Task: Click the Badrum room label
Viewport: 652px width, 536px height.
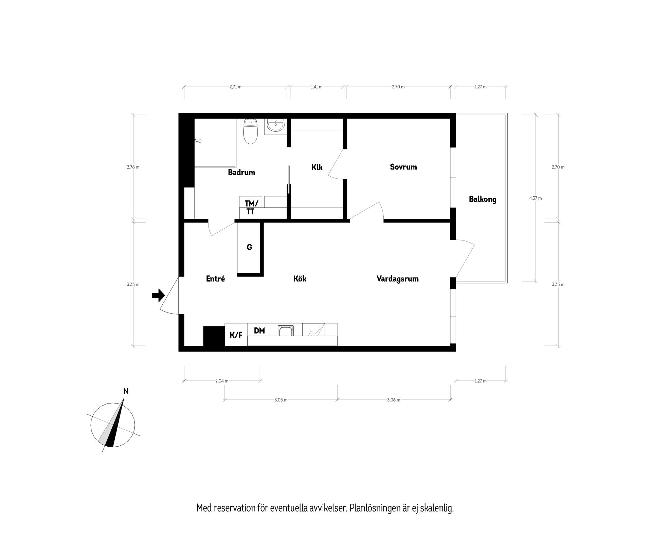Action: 241,173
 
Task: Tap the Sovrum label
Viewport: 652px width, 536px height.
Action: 403,167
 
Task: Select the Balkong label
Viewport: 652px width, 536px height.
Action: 483,199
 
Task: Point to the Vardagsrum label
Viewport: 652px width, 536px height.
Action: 397,279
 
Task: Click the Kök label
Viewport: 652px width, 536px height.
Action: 300,279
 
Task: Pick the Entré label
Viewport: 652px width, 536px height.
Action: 216,279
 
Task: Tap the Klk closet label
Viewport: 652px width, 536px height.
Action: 317,167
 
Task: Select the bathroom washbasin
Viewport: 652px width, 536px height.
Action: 275,126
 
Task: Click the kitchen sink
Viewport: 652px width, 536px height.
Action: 285,330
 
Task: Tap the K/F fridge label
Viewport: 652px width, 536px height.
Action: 236,335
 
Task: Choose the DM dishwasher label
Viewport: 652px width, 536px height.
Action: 259,330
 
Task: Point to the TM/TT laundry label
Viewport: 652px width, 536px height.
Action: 251,208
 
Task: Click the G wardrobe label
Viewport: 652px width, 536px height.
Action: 249,247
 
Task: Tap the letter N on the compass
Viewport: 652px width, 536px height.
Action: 126,391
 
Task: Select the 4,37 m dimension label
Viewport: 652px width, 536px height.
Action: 536,198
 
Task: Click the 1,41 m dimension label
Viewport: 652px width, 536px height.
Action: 316,87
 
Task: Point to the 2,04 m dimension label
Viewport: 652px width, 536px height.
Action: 222,381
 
